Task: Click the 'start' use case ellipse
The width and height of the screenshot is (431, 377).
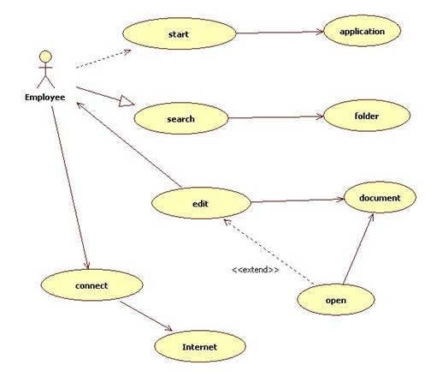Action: [180, 33]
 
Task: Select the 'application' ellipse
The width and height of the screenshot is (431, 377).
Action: [363, 31]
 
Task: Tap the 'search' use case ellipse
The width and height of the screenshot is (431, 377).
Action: [181, 118]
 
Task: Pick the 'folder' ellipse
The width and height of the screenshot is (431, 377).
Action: [367, 116]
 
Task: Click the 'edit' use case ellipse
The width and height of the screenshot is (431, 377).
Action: [201, 203]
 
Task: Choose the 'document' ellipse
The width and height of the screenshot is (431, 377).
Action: [380, 197]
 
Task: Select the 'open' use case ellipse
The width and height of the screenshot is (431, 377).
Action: [336, 300]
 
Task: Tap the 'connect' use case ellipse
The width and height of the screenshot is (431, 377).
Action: [92, 285]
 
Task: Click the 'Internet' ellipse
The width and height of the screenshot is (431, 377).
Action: [200, 346]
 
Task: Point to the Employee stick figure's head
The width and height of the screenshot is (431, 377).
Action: [45, 57]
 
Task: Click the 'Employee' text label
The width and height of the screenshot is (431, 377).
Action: [44, 98]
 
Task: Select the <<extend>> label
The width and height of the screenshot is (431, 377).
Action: [256, 270]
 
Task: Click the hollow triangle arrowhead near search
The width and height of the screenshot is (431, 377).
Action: [126, 101]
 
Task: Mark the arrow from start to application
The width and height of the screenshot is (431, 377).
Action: [280, 33]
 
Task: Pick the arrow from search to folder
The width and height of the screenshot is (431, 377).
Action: [276, 117]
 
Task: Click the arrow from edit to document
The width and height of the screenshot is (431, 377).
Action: [298, 200]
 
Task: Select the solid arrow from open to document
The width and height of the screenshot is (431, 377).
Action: [358, 248]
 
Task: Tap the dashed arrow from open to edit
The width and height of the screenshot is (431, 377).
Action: [269, 252]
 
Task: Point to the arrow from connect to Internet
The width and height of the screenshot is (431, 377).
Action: [146, 316]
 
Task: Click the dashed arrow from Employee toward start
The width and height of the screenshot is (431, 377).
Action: [103, 59]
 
